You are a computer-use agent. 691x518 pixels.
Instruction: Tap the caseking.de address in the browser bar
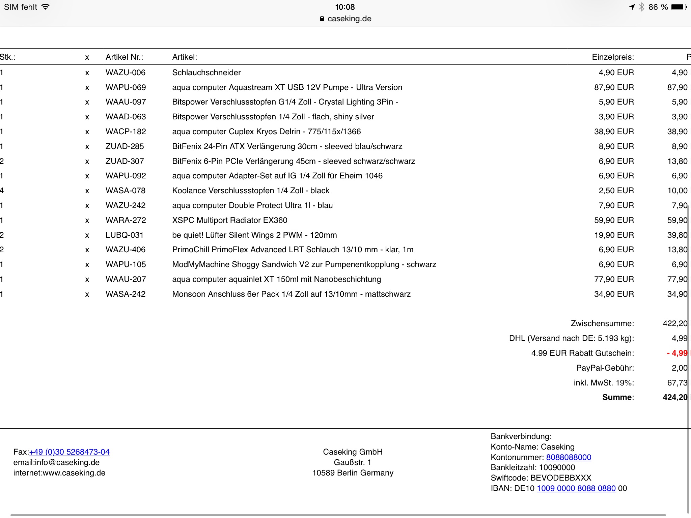coord(349,19)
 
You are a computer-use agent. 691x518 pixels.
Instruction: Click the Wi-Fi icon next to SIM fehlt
coord(46,7)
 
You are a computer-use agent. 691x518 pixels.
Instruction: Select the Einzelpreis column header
coord(613,57)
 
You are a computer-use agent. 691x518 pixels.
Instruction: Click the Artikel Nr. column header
coord(124,57)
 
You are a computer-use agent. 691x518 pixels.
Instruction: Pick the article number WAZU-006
coord(125,73)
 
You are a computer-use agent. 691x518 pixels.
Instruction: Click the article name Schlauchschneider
coord(206,73)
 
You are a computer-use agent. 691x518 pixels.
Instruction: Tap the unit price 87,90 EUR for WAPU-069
coord(614,87)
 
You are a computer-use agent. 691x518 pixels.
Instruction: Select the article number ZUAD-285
coord(125,146)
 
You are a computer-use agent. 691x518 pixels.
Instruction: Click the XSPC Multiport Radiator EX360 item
coord(229,220)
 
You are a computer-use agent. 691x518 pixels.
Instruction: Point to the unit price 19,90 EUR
coord(614,235)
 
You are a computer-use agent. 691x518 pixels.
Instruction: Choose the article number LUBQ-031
coord(124,235)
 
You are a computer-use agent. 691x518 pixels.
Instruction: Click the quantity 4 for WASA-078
coord(2,191)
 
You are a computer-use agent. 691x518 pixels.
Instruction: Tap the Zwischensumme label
coord(602,323)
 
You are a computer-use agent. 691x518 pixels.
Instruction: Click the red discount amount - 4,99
coord(677,353)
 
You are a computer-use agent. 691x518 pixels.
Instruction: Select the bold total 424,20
coord(675,397)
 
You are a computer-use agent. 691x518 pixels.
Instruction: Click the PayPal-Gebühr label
coord(605,368)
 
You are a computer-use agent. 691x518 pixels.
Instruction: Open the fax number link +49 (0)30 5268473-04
coord(70,452)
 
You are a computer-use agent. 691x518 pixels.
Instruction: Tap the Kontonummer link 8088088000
coord(569,457)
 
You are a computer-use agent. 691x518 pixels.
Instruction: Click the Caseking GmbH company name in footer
coord(353,452)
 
